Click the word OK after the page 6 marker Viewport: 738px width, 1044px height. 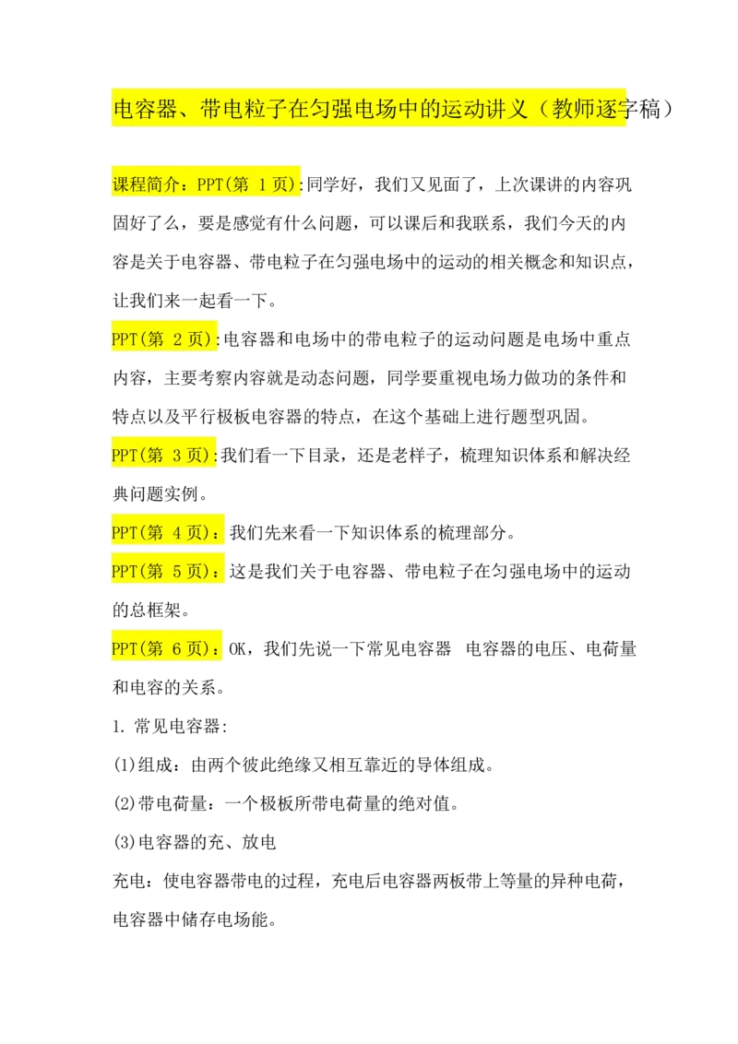tap(237, 648)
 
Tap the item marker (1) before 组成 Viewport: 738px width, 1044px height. tap(125, 765)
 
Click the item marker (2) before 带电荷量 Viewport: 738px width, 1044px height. tap(125, 803)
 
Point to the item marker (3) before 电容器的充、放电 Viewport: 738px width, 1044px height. tap(125, 842)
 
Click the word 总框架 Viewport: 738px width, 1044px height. tap(155, 610)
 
